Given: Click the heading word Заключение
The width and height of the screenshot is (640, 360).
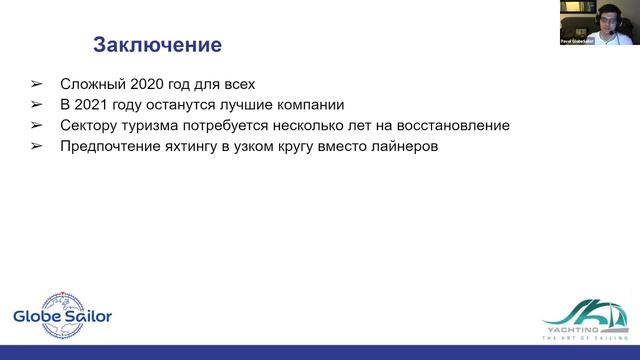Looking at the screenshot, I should click(x=157, y=45).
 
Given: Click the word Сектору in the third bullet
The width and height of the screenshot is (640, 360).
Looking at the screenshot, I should click(x=91, y=126).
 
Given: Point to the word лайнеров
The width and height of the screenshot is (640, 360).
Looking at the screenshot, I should click(x=401, y=148).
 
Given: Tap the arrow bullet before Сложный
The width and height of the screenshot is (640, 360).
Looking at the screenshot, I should click(x=37, y=82).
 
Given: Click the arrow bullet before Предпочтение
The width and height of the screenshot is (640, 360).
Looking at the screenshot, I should click(x=37, y=148).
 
